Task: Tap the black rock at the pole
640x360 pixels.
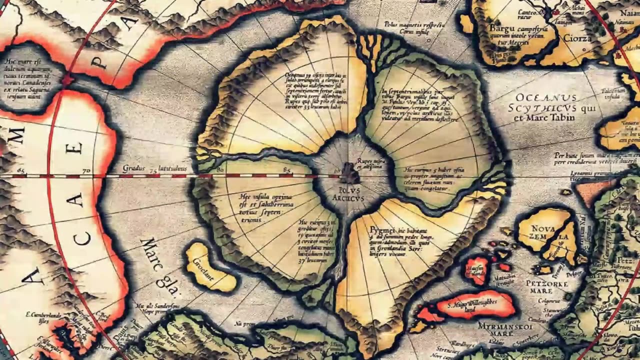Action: pyautogui.click(x=349, y=174)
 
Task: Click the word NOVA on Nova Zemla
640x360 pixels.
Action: pyautogui.click(x=542, y=229)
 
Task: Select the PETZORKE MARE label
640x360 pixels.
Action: pyautogui.click(x=546, y=286)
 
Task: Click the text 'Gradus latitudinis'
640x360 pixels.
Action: pyautogui.click(x=154, y=169)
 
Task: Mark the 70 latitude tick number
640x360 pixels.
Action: pyautogui.click(x=85, y=170)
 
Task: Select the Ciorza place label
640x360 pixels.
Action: pyautogui.click(x=577, y=38)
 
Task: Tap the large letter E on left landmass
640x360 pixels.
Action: pyautogui.click(x=76, y=148)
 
